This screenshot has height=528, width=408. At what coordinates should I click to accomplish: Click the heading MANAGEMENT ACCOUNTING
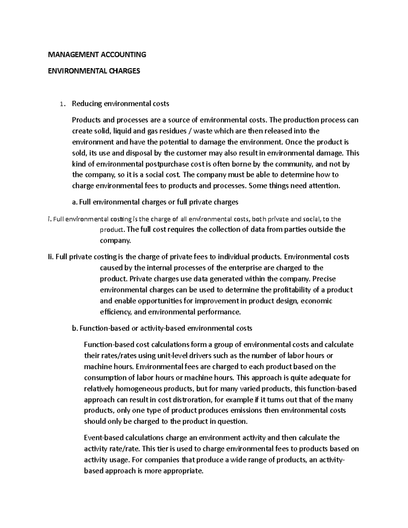click(97, 54)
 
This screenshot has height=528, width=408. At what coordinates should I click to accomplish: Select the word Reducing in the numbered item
click(87, 104)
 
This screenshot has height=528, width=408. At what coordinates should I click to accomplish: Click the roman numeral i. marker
click(50, 219)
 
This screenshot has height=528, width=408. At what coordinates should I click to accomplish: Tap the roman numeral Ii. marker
click(51, 257)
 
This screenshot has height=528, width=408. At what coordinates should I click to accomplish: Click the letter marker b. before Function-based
click(75, 328)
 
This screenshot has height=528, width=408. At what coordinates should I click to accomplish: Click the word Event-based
click(104, 438)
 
